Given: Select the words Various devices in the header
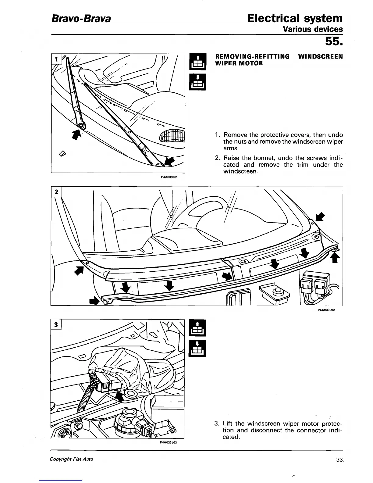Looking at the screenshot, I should (313, 29).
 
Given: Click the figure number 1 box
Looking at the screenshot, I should (56, 58).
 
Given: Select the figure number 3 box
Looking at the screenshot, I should (56, 325).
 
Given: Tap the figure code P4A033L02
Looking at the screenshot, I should (326, 310).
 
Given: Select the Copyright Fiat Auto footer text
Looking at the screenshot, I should (72, 459).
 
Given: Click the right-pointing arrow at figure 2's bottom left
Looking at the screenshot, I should (94, 301).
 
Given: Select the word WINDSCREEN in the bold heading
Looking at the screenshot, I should (320, 57).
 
